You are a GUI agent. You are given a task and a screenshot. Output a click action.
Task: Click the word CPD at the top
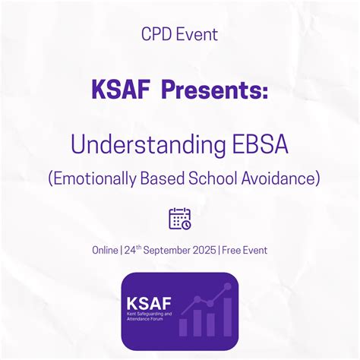[154, 33]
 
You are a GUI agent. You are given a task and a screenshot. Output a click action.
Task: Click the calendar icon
[180, 218]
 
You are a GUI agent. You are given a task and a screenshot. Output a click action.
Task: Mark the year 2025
[204, 250]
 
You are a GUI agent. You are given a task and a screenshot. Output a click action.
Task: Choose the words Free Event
[245, 250]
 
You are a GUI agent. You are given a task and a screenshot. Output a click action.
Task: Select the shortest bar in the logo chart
[183, 327]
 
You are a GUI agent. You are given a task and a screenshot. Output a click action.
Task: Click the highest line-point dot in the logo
[226, 286]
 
